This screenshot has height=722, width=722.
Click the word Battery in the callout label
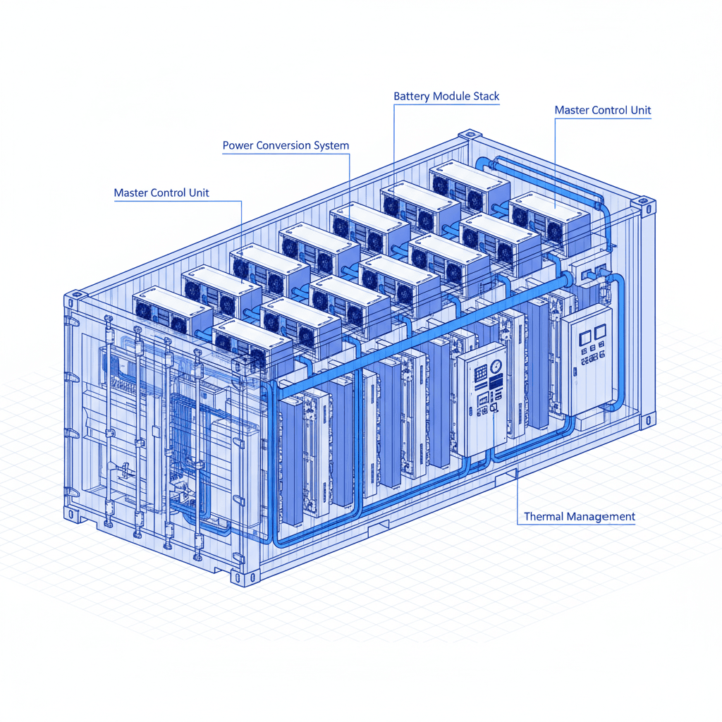pos(412,96)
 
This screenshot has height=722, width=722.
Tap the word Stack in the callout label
pos(487,96)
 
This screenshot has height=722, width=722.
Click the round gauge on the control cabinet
pos(496,367)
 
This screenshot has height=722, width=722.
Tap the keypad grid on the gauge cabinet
pos(481,373)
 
